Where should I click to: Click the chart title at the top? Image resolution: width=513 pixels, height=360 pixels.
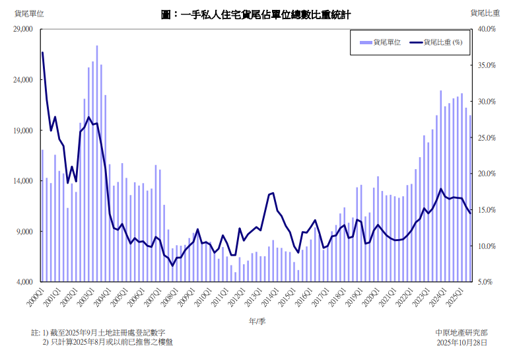point(256,13)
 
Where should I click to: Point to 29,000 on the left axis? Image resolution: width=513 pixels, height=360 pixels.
point(22,29)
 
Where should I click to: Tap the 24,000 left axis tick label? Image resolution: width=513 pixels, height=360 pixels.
point(22,80)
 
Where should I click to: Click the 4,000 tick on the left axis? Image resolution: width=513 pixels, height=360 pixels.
point(24,282)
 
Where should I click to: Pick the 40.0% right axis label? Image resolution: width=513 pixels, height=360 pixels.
point(487,29)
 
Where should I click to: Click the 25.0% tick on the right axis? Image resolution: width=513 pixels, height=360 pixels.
point(487,137)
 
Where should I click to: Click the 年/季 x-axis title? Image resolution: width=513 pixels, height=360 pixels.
point(257,321)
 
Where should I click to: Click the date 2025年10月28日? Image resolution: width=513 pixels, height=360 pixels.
point(462,343)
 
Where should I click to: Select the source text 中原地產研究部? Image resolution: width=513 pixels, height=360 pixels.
point(462,332)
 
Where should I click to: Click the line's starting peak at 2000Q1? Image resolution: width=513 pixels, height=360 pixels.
point(42,52)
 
